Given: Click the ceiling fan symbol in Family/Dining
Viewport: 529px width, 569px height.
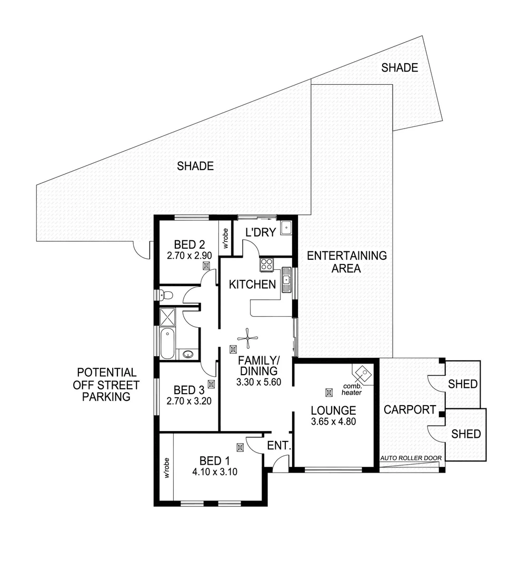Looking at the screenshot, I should pos(247,339).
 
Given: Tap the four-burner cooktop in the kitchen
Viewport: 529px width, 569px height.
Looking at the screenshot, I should pos(266,264).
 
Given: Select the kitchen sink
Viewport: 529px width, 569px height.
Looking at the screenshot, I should pos(287,279).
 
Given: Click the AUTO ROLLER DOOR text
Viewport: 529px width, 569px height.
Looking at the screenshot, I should pos(411,458).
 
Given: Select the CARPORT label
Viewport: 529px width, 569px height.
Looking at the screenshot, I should pos(409,409).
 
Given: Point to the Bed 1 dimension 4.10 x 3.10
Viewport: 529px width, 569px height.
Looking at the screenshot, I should pos(215,472).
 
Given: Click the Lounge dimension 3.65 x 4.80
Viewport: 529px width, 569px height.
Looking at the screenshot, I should pos(333,421).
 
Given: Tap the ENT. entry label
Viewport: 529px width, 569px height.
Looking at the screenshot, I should pos(279,446).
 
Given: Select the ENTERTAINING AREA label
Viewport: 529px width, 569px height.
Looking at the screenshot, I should pos(346,262).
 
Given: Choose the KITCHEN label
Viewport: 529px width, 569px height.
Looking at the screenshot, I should pos(252,284).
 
